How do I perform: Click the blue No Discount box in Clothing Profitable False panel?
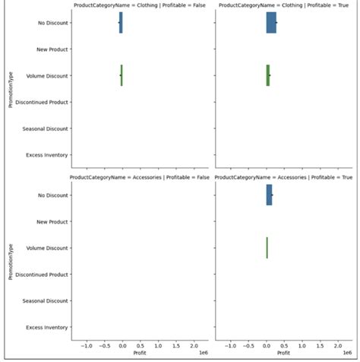pos(120,23)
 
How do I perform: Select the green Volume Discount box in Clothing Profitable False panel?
pos(122,75)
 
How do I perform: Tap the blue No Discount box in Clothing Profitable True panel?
pos(271,23)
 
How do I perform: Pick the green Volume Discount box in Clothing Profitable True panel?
pos(267,75)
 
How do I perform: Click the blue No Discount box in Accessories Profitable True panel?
pos(269,195)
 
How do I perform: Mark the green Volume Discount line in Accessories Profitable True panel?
pos(267,248)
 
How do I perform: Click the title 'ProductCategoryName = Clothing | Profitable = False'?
pos(137,5)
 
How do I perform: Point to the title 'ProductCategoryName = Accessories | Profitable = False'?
pos(137,178)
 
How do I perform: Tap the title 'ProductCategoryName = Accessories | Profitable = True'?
pos(283,178)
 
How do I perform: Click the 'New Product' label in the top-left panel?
pos(53,49)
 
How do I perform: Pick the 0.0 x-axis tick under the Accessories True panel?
pos(267,345)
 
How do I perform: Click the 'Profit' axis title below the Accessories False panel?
pos(140,353)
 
